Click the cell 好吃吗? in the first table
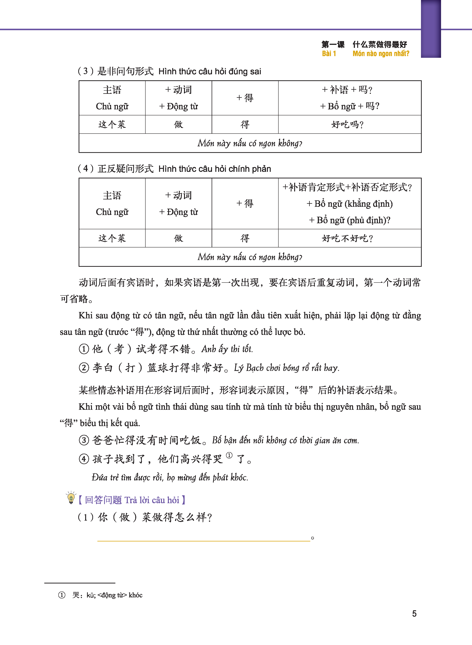coord(347,125)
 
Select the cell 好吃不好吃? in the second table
coord(347,238)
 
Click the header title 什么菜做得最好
coord(380,44)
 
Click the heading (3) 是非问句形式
coord(116,71)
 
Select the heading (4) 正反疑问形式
coord(116,168)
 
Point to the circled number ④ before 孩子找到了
coord(84,459)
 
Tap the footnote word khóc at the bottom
coord(135,595)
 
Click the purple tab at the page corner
coord(431,29)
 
